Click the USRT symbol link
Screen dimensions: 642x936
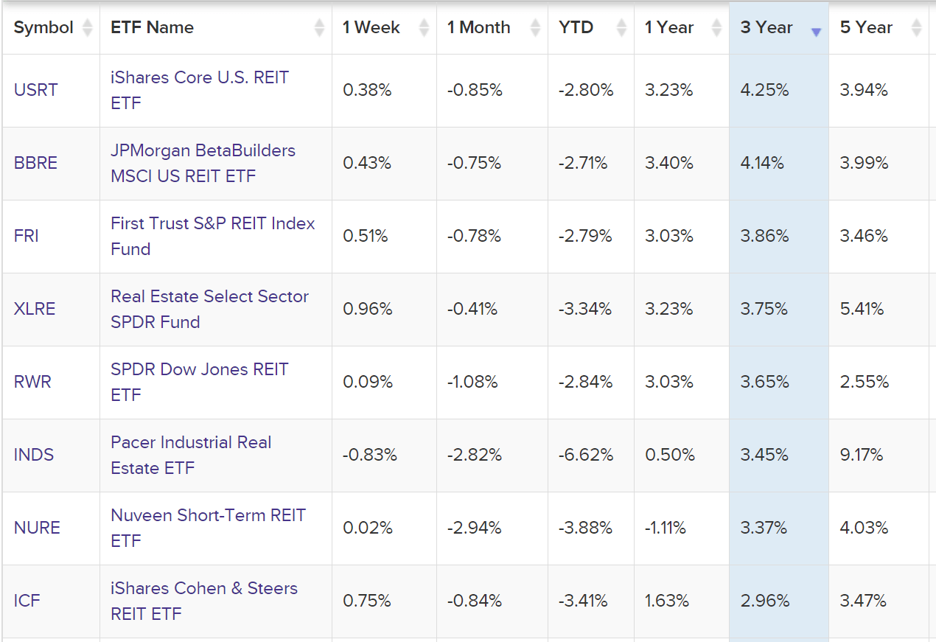(35, 90)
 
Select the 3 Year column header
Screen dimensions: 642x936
(766, 27)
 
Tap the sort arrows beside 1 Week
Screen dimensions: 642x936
(424, 28)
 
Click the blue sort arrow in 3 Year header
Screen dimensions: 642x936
(816, 32)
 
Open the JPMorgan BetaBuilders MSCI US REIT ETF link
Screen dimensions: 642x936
(203, 163)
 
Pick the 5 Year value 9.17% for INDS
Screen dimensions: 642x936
(861, 455)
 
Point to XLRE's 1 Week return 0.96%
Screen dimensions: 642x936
(367, 309)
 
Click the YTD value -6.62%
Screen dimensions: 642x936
(585, 455)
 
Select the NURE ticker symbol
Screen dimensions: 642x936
(37, 528)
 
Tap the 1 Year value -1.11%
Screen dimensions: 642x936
(666, 528)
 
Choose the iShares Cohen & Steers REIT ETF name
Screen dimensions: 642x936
(203, 601)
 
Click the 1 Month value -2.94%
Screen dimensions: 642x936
(474, 528)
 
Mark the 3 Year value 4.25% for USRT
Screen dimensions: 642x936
(764, 90)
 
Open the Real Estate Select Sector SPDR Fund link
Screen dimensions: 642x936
(209, 309)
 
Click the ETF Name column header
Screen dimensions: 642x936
(152, 27)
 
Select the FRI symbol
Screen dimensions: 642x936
(27, 236)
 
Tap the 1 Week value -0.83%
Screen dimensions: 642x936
(369, 455)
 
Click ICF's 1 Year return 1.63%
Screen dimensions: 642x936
(666, 601)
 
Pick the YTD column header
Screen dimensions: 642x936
(576, 27)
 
